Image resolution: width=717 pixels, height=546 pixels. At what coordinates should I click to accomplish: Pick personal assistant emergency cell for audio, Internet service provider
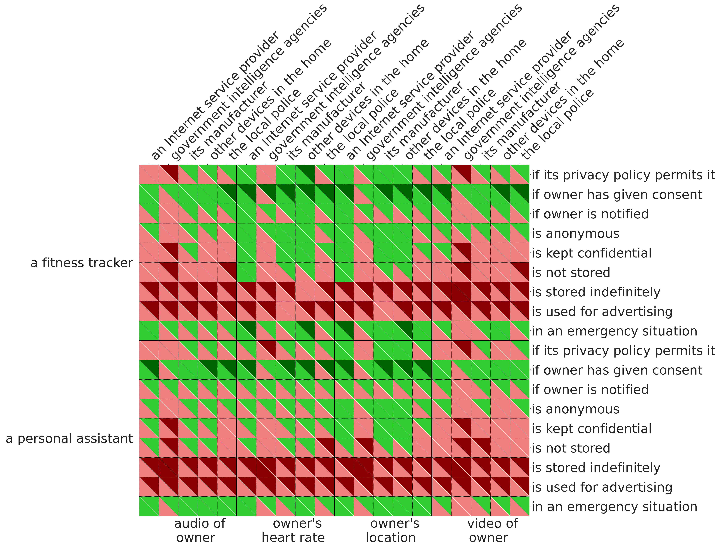[149, 506]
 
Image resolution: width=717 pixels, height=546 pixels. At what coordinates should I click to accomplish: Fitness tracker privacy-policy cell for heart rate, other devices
[305, 175]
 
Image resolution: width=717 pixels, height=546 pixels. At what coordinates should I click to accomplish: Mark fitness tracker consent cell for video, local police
[520, 194]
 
